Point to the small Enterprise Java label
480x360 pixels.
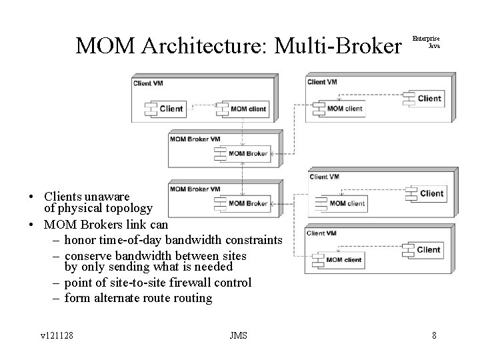[426, 42]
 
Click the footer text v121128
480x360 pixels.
[57, 335]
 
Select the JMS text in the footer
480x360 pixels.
[237, 335]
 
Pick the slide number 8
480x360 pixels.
[434, 335]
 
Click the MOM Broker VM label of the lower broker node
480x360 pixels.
[195, 189]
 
